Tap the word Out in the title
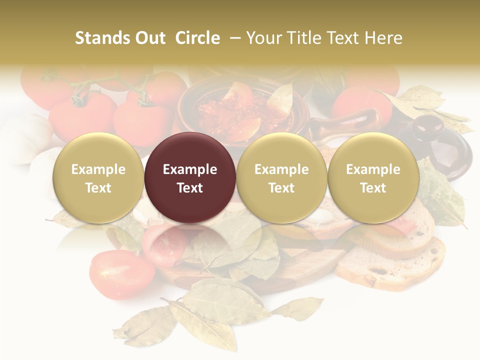(149, 38)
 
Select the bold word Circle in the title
(197, 38)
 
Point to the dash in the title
(233, 38)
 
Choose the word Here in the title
(381, 38)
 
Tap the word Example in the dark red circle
(190, 169)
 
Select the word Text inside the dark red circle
(190, 188)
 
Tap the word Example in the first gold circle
(98, 169)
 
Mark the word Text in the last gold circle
(373, 188)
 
